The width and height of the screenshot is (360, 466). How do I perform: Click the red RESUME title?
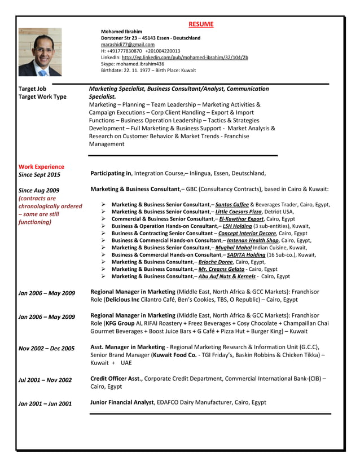click(x=201, y=24)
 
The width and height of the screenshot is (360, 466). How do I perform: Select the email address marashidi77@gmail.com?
click(x=128, y=44)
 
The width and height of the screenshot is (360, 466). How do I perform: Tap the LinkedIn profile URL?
click(x=185, y=58)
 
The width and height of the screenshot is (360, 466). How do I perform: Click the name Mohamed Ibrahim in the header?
click(x=121, y=32)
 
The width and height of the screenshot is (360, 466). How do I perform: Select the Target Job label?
click(x=33, y=89)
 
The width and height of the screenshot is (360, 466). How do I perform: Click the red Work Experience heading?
click(x=41, y=166)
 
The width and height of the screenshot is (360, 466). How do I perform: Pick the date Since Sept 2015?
click(x=39, y=174)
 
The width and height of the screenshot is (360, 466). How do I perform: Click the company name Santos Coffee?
click(x=232, y=204)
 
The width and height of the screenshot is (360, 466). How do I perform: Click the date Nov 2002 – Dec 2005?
click(x=46, y=348)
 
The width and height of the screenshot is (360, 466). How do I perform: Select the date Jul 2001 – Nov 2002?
click(x=45, y=380)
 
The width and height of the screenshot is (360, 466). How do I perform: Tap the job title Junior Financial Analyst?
click(x=122, y=402)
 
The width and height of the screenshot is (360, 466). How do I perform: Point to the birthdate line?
click(x=148, y=71)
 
